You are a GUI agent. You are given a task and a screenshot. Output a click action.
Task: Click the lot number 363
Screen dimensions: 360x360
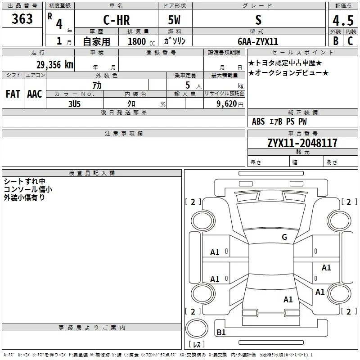(x=22, y=18)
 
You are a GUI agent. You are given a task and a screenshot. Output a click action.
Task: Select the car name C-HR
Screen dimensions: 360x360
(x=117, y=20)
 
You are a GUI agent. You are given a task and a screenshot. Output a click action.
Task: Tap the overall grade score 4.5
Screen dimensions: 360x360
(x=343, y=20)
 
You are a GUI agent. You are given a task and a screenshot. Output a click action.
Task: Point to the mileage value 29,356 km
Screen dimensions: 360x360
(x=55, y=65)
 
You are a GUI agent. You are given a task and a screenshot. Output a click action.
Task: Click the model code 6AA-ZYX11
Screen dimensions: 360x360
(x=258, y=41)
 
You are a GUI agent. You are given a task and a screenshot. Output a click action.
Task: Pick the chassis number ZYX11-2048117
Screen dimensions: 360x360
(x=302, y=143)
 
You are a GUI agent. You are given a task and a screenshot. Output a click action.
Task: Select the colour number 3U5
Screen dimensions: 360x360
(x=74, y=104)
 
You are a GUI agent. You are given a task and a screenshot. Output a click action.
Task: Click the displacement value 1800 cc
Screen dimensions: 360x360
(x=141, y=41)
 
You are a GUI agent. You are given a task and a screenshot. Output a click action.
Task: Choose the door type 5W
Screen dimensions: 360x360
(x=174, y=20)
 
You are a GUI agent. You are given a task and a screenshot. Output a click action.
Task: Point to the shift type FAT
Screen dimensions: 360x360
(x=13, y=94)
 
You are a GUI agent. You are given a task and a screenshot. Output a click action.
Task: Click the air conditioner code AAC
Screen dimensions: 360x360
(x=35, y=94)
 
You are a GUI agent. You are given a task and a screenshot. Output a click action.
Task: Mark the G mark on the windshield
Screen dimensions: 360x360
(x=284, y=237)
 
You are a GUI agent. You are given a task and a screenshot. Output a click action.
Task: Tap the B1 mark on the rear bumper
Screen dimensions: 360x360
(x=221, y=332)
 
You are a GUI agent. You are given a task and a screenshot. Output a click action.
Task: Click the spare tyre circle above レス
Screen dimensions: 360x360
(x=197, y=328)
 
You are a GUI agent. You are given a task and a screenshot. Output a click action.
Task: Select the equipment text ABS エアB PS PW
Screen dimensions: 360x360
(x=279, y=121)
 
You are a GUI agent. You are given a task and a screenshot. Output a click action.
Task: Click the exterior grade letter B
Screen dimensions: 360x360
(x=336, y=41)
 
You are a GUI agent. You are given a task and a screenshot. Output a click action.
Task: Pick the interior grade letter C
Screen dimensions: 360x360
(x=350, y=41)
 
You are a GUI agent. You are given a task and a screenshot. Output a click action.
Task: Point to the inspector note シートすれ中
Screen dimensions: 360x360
(x=25, y=181)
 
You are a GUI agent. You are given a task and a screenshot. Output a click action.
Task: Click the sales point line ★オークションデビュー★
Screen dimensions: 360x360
(x=288, y=73)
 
